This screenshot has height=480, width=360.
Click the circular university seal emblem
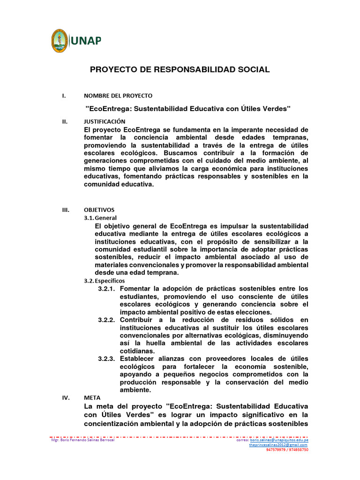pos(60,41)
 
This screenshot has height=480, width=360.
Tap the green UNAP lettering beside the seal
pos(86,41)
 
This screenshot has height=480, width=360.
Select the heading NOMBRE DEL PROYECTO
pos(118,96)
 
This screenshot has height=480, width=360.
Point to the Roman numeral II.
pos(65,121)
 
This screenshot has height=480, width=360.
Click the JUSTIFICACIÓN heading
pos(105,121)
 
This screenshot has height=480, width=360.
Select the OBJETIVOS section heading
pos(99,210)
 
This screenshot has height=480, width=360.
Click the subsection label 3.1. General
pos(100,218)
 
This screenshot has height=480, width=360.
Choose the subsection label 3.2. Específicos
pos(104,280)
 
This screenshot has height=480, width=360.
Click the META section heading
pos(91,397)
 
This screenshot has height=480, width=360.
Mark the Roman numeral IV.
pos(66,397)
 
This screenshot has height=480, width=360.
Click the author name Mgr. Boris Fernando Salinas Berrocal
pos(82,440)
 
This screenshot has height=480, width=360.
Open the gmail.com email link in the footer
pos(278,445)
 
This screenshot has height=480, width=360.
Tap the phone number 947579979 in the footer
pos(276,450)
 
